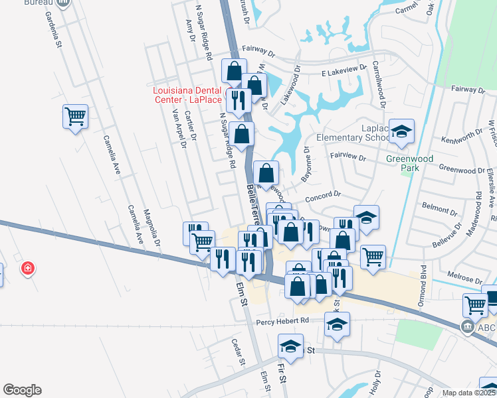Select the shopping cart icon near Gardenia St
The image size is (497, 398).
(x=75, y=117)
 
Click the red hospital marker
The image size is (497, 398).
(x=28, y=269)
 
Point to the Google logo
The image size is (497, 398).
(x=22, y=390)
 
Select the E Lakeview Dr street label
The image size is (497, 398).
(x=344, y=68)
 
